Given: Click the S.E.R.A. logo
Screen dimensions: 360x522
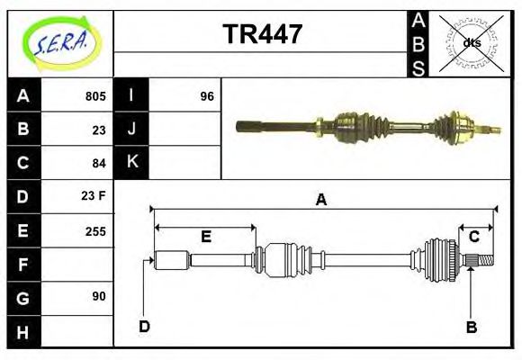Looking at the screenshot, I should (x=60, y=43).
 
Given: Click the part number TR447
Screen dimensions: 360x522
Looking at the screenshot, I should (x=262, y=35).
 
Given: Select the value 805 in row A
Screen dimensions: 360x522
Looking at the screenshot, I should (x=96, y=96).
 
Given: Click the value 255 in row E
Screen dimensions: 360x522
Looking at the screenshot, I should (x=96, y=230).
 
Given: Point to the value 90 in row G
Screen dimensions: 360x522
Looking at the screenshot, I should (x=99, y=296).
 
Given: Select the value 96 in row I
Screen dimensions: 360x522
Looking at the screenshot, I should (x=207, y=96).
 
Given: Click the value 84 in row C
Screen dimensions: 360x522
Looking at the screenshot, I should (x=99, y=163).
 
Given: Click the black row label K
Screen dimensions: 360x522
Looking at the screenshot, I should (x=131, y=163).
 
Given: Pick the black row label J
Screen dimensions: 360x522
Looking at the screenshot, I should (x=131, y=130).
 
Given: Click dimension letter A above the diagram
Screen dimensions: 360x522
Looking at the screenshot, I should (x=320, y=201).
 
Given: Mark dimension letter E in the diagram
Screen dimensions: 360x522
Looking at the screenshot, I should (x=205, y=237).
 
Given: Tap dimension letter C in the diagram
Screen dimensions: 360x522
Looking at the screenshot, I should (x=473, y=237).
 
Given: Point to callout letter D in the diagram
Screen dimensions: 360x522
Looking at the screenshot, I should (x=144, y=326).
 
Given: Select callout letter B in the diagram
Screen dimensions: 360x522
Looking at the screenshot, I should (x=471, y=327).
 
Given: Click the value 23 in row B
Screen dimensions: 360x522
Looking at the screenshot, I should (x=99, y=130).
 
